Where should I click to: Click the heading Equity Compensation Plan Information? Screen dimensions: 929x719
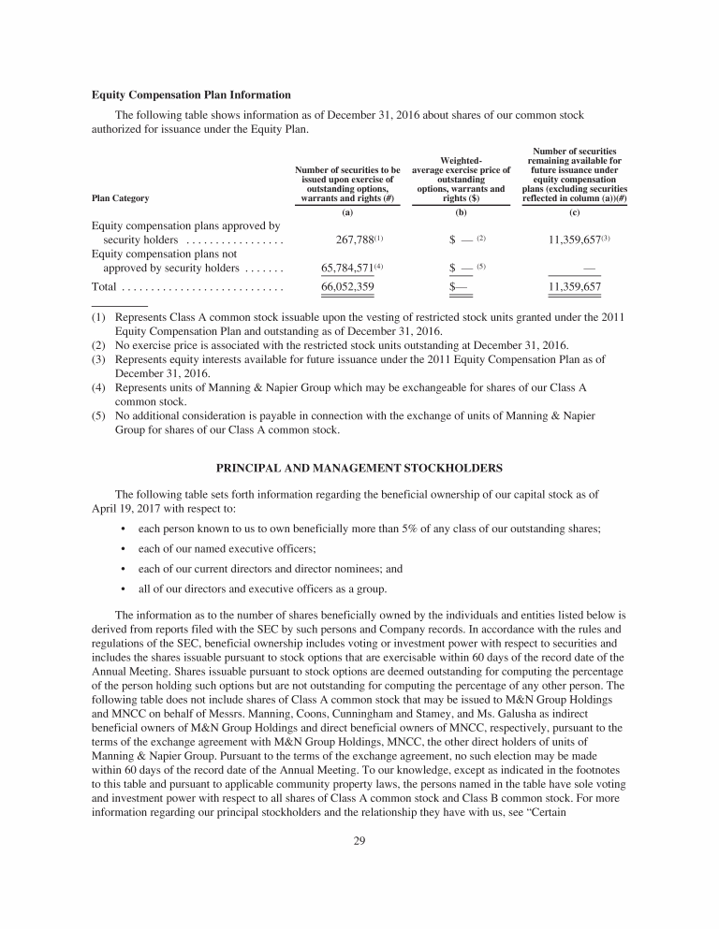[x=191, y=95]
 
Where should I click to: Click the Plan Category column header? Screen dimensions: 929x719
[x=120, y=198]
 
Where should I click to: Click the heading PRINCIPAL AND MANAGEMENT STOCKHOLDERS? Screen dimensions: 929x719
[x=359, y=468]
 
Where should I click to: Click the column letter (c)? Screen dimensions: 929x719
[x=576, y=213]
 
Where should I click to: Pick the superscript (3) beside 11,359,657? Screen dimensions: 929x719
[x=607, y=239]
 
